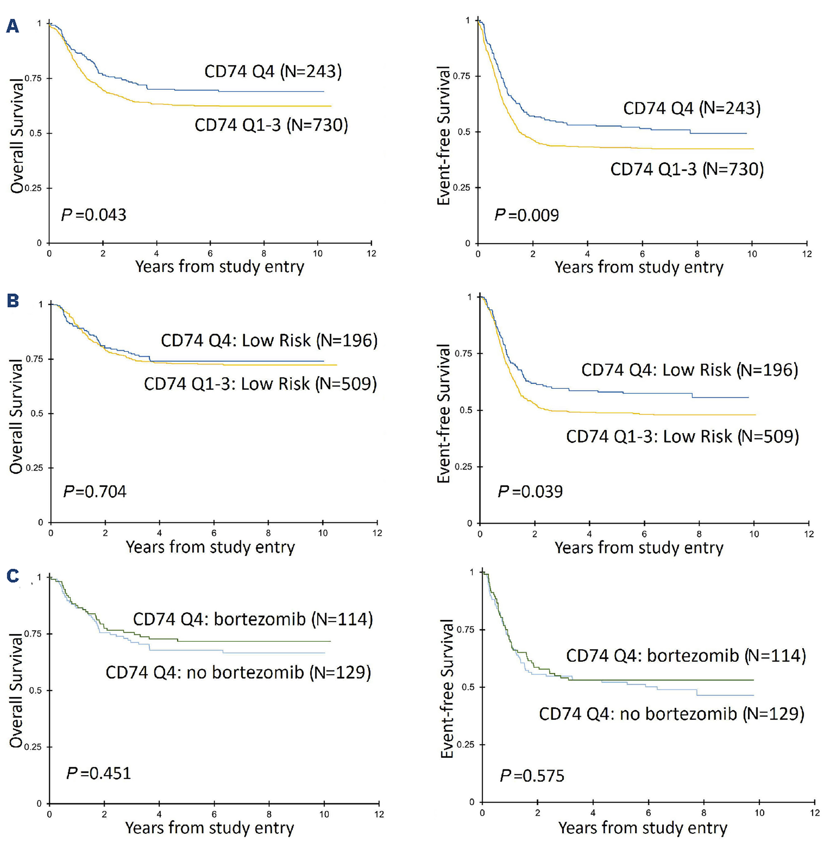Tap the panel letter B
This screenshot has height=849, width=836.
[x=13, y=301]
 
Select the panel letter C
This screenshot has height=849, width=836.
[x=13, y=575]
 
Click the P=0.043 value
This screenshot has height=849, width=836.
[x=94, y=215]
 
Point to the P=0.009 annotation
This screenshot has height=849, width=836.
[x=527, y=215]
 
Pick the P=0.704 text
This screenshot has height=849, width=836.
[x=95, y=491]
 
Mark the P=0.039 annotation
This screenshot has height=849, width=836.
[x=530, y=491]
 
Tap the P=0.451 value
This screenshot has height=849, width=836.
[x=98, y=773]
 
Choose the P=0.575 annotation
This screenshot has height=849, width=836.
[x=532, y=776]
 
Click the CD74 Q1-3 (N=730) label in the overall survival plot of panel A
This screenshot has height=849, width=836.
[x=271, y=125]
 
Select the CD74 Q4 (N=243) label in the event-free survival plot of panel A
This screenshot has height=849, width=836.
[x=692, y=108]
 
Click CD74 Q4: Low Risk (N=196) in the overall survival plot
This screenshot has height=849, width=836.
[x=269, y=340]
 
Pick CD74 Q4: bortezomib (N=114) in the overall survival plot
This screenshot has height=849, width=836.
[x=253, y=619]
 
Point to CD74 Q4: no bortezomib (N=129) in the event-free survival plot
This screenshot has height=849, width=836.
[x=671, y=714]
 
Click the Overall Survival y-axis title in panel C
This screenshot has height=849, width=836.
[x=16, y=690]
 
